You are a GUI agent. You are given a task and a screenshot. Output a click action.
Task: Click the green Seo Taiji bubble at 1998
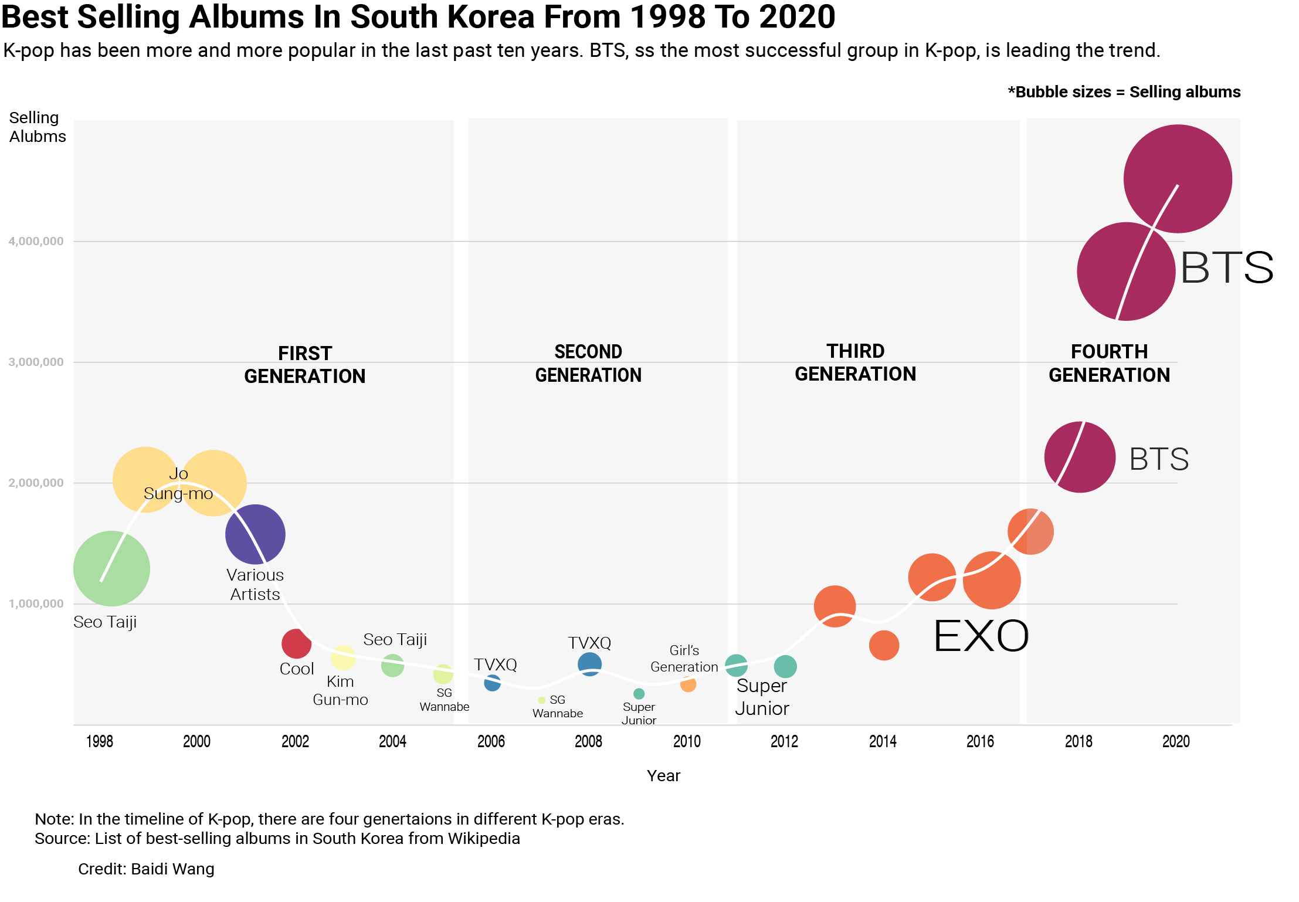click(x=111, y=568)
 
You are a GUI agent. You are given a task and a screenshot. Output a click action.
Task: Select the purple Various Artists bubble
click(x=255, y=534)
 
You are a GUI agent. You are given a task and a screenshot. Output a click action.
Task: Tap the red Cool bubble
click(x=296, y=643)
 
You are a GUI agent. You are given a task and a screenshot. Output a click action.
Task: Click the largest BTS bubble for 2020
click(x=1178, y=179)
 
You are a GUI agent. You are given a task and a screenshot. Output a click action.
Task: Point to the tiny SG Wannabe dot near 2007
click(x=541, y=700)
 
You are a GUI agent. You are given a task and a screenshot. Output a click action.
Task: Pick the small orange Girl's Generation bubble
click(x=688, y=684)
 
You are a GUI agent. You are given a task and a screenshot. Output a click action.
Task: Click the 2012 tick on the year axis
click(x=784, y=741)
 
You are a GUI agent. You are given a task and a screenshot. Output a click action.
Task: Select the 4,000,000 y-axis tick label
click(x=36, y=241)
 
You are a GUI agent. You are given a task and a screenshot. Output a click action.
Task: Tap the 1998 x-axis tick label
click(x=99, y=741)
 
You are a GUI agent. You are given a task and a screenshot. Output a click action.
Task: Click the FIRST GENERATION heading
click(x=304, y=364)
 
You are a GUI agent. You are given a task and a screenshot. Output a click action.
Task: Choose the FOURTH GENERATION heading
click(x=1109, y=363)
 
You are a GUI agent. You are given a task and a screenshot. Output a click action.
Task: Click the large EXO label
click(x=981, y=636)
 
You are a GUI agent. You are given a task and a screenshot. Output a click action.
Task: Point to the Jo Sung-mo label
click(x=178, y=484)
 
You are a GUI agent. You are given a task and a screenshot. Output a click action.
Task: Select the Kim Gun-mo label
click(x=340, y=690)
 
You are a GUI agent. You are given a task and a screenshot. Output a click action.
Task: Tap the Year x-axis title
click(x=663, y=775)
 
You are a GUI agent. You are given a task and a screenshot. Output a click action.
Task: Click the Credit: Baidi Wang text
click(x=146, y=869)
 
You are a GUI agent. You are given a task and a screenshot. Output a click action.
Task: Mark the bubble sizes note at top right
click(x=1124, y=92)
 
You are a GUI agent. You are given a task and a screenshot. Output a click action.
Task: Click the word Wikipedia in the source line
click(x=483, y=838)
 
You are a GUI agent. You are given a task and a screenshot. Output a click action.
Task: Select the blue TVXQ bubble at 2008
click(x=589, y=664)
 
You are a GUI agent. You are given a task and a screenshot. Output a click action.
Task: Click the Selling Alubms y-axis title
click(x=37, y=127)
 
